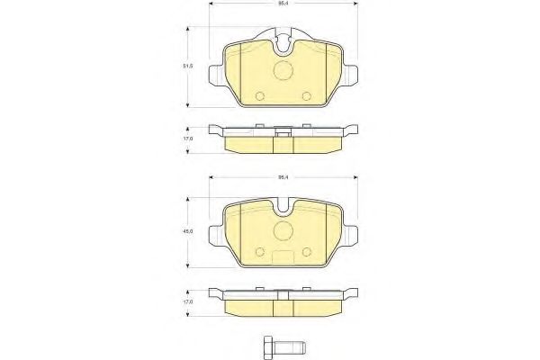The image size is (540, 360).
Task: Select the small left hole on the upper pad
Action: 259,95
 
